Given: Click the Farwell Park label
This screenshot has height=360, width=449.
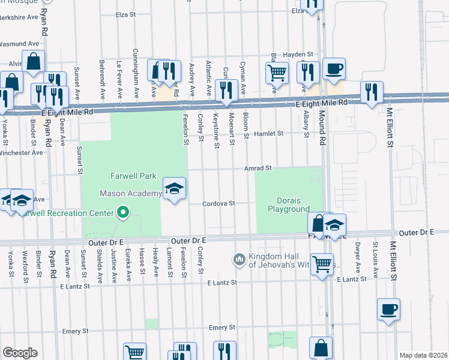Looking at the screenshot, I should [133, 176].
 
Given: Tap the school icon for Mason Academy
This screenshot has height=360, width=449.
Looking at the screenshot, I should [174, 190].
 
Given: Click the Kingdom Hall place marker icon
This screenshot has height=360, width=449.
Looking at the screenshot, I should [239, 259].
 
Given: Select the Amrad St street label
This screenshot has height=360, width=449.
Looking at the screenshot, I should [258, 169].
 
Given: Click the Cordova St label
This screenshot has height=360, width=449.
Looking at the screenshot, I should [218, 203].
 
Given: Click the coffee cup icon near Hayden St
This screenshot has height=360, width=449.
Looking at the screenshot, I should [334, 68].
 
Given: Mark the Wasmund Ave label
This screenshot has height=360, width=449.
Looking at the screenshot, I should [19, 44].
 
